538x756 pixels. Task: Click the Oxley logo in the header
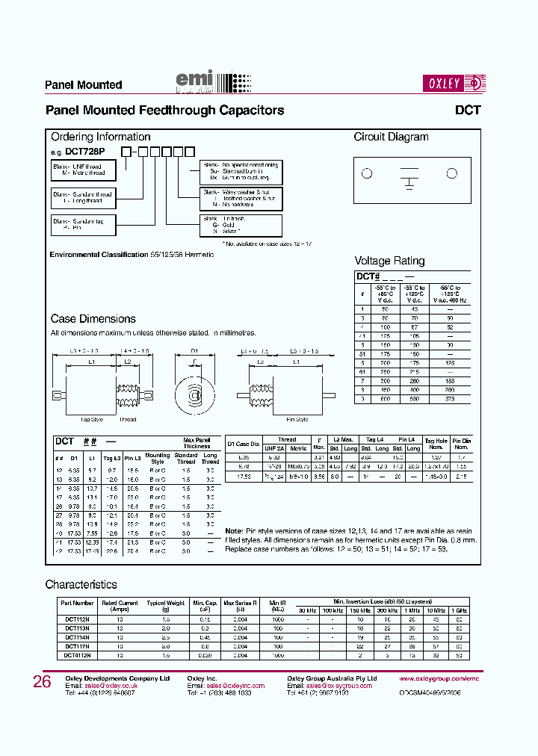454,83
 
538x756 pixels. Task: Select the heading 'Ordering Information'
100,137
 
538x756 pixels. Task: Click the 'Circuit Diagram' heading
391,137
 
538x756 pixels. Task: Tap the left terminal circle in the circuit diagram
366,174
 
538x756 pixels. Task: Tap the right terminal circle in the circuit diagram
451,174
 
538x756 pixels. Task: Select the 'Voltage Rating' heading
389,261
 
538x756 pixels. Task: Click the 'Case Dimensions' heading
93,319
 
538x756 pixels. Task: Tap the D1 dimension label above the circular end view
194,350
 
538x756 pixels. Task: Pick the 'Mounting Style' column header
157,458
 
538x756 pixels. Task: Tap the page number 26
42,681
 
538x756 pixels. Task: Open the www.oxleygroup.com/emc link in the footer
439,678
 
